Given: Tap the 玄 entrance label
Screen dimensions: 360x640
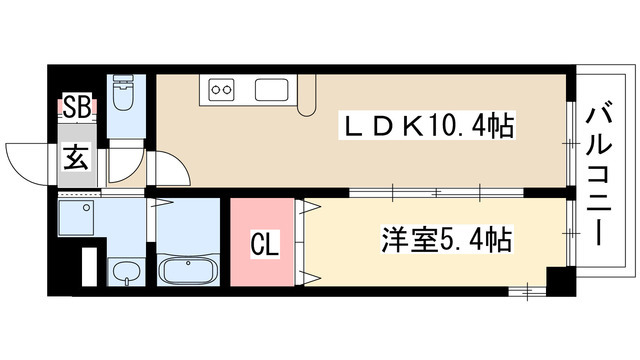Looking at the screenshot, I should [76, 158].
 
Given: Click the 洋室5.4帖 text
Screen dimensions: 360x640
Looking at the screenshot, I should [446, 241].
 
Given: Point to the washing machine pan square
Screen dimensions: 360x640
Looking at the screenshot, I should [77, 216].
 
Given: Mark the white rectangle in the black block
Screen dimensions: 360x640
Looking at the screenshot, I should [87, 267].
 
